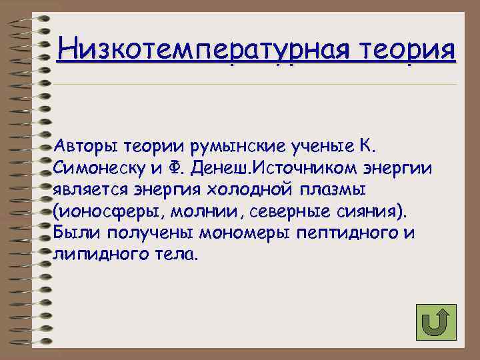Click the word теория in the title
point(409,49)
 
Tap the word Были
point(75,233)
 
